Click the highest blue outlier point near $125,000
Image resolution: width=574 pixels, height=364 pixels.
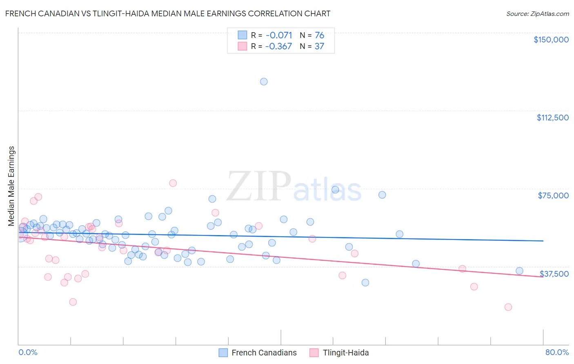[x=264, y=82]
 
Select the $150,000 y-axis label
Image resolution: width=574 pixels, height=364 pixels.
[x=551, y=40]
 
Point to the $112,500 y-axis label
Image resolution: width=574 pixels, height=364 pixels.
[x=552, y=118]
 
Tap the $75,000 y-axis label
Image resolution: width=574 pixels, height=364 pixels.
[x=553, y=195]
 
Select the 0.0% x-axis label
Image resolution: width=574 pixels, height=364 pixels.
[x=28, y=352]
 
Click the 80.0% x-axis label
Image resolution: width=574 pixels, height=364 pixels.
[x=557, y=352]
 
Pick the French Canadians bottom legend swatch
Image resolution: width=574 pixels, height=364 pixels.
[x=223, y=353]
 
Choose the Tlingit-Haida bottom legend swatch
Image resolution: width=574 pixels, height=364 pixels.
[x=314, y=353]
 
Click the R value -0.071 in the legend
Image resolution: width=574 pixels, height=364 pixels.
[x=279, y=35]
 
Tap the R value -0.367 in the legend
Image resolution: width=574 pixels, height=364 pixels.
[x=279, y=46]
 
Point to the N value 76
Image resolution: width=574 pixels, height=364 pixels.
[x=319, y=35]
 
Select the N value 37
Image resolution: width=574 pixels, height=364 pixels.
[x=319, y=46]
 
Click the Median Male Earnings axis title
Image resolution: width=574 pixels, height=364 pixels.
[x=11, y=186]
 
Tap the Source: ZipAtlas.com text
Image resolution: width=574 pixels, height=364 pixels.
[x=537, y=13]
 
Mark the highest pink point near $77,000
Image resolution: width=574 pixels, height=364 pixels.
[x=173, y=183]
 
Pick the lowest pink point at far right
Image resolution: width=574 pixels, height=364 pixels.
[x=508, y=307]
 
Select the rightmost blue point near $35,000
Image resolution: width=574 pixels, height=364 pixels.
[x=519, y=271]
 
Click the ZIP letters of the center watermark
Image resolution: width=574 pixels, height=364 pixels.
[x=259, y=186]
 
